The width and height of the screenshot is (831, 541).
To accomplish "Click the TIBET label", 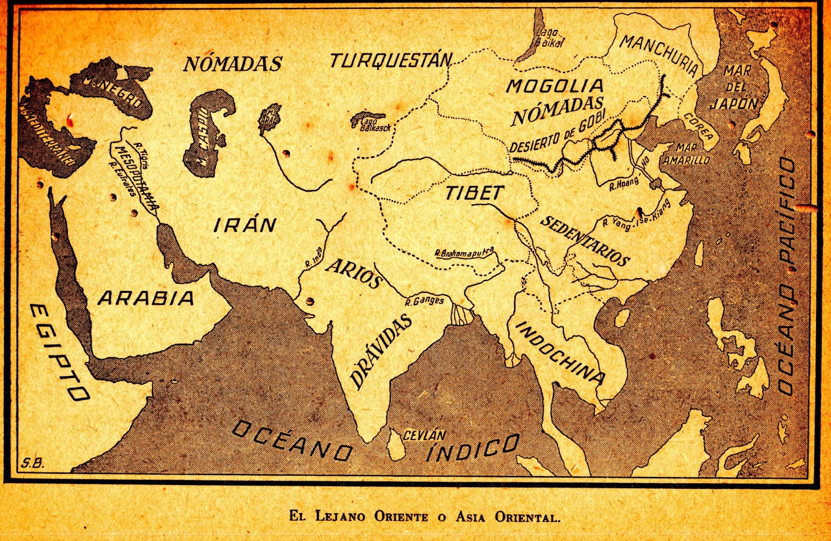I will click(474, 193).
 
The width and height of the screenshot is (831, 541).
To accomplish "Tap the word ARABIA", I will click(146, 298).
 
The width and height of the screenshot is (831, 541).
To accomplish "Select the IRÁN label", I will click(245, 225).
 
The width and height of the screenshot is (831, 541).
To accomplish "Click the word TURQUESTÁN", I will click(391, 61).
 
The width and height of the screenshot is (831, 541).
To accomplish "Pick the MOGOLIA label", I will click(554, 86).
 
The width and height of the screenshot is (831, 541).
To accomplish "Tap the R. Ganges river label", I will click(424, 301).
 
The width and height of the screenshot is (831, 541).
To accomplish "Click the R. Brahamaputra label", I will click(464, 253).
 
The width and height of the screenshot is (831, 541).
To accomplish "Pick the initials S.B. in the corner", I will click(33, 464).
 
